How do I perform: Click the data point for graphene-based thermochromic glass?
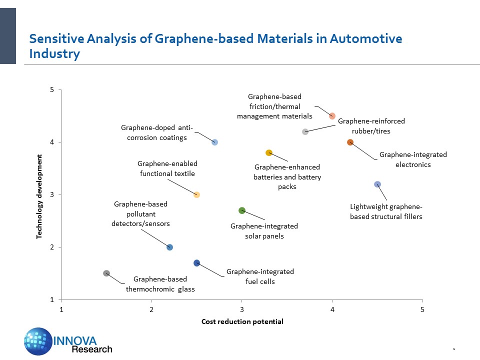tap(106, 273)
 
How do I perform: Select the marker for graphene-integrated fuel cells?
tap(196, 263)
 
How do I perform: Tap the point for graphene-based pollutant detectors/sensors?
tap(169, 247)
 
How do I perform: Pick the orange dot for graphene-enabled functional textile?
tap(196, 194)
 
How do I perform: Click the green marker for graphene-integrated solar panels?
tap(242, 210)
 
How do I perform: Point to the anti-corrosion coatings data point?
tap(214, 142)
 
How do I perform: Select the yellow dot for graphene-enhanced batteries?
tap(268, 152)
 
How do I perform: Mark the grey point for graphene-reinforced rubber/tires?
tap(305, 131)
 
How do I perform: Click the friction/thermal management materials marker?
tap(332, 115)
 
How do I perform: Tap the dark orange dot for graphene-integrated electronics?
tap(350, 142)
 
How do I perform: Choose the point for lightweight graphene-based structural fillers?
tap(377, 184)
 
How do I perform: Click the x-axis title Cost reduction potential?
tap(242, 321)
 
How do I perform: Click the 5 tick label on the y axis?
tap(52, 90)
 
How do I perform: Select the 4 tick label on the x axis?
tap(332, 309)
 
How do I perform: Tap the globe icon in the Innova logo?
tap(38, 341)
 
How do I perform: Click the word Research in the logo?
tap(92, 349)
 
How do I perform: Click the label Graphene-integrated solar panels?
tap(264, 231)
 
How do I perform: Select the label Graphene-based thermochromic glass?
tap(160, 284)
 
